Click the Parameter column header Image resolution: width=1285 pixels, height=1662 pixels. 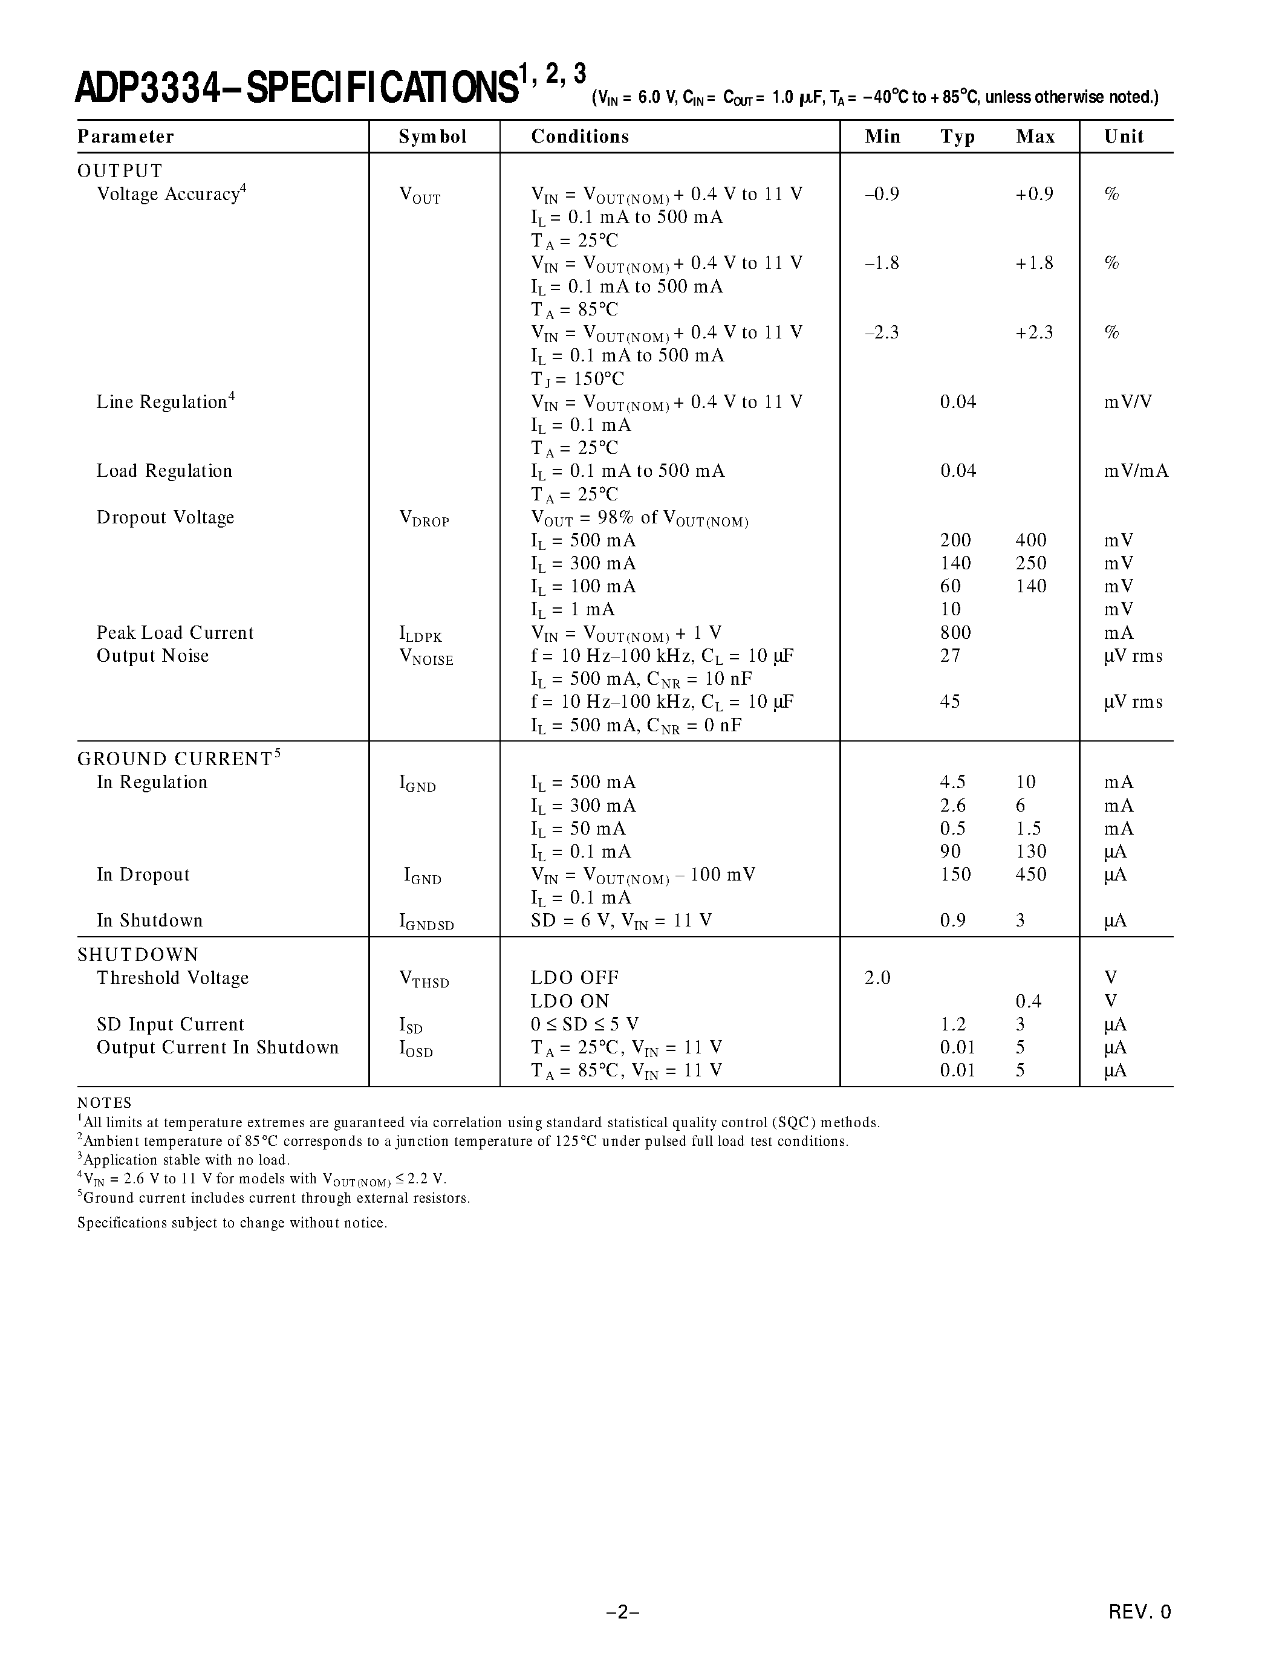[x=126, y=137]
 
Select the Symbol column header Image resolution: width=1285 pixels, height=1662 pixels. [x=432, y=137]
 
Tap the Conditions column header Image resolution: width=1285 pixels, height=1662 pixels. [x=579, y=137]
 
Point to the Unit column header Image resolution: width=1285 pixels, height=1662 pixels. [x=1124, y=137]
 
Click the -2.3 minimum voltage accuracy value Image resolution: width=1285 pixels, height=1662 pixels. [x=882, y=332]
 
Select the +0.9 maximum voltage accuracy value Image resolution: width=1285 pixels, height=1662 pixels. [x=1034, y=194]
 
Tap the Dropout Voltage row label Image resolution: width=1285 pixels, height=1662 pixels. [x=165, y=517]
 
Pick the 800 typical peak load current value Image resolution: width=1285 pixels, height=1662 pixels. [x=955, y=633]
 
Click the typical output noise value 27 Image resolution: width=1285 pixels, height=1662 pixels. [x=950, y=656]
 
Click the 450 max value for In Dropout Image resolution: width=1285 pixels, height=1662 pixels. [x=1031, y=875]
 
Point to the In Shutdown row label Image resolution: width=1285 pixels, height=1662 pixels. [x=149, y=921]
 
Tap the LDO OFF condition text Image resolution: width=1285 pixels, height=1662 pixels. [x=574, y=978]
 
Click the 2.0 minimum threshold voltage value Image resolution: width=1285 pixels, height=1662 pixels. [x=877, y=978]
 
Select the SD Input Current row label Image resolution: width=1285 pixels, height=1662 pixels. [x=170, y=1024]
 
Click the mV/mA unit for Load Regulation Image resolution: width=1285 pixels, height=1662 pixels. [x=1136, y=471]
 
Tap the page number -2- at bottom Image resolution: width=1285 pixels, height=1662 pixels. [x=623, y=1611]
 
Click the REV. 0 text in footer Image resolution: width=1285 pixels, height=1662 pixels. [x=1140, y=1611]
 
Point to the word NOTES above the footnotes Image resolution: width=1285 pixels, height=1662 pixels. [x=104, y=1104]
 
